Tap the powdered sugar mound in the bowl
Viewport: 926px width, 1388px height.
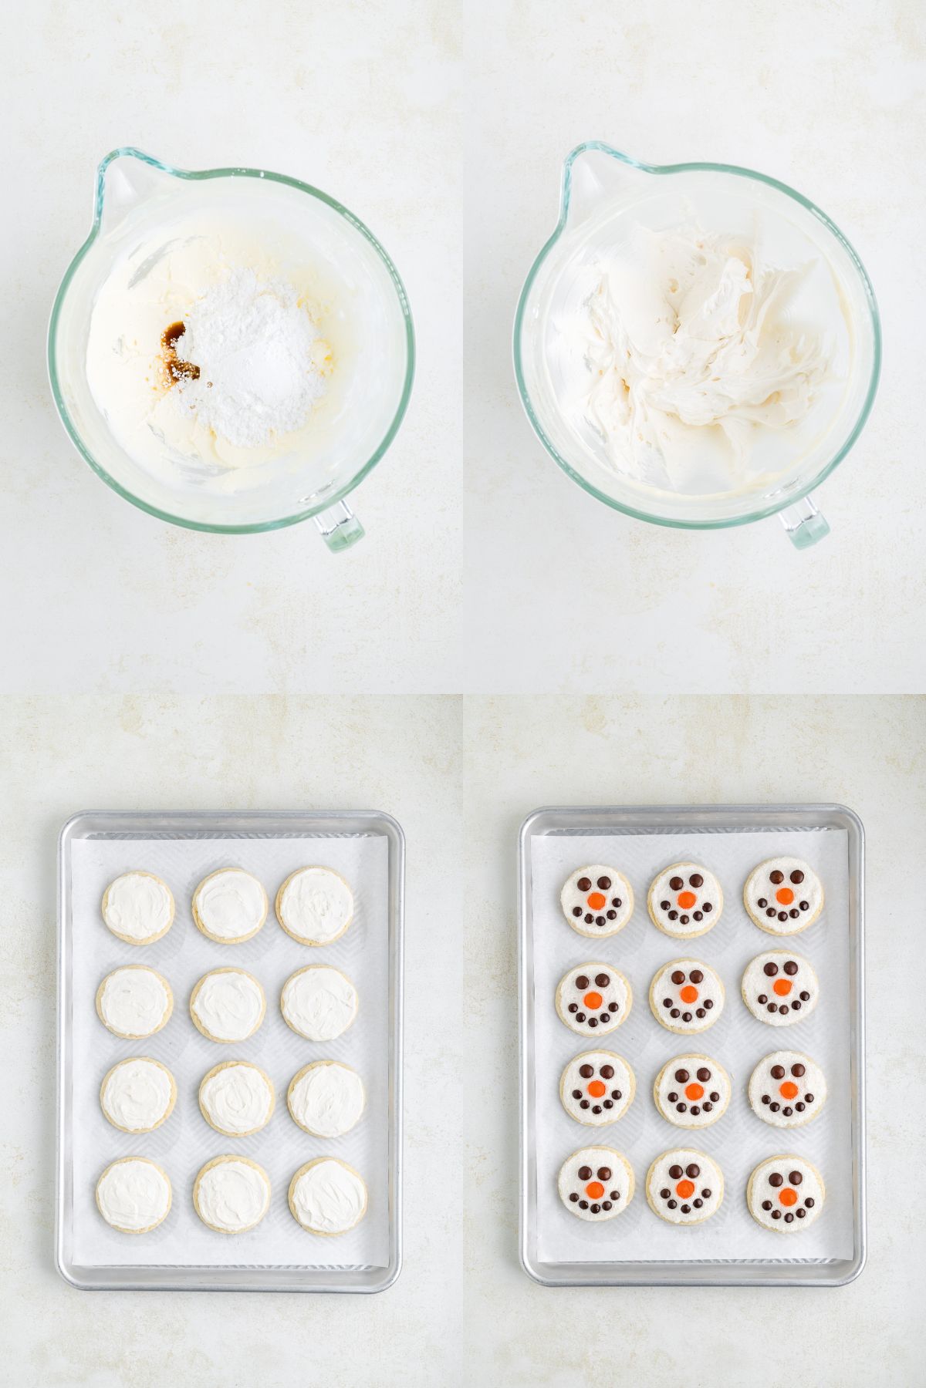[251, 339]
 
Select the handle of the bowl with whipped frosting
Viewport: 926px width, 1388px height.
[803, 524]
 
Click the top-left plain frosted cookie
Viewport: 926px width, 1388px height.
[138, 906]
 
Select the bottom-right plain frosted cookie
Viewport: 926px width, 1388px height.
[329, 1195]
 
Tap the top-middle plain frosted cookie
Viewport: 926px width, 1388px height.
[230, 905]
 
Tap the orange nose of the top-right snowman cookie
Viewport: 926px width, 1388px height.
[783, 895]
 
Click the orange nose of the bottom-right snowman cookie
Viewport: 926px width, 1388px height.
[786, 1196]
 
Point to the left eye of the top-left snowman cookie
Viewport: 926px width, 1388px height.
[584, 883]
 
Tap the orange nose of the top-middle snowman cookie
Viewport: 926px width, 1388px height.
[685, 898]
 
